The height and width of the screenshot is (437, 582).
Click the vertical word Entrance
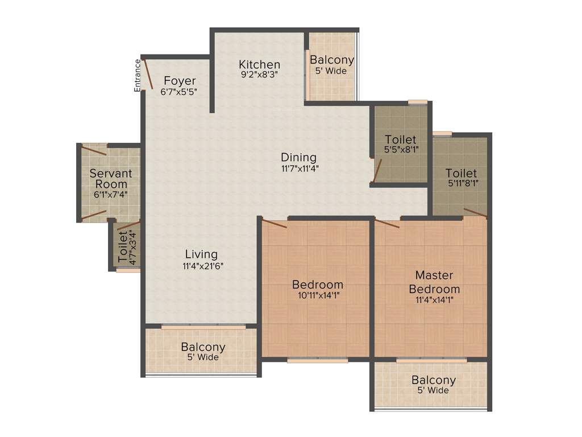(x=137, y=75)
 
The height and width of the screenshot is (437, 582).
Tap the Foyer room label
(x=180, y=81)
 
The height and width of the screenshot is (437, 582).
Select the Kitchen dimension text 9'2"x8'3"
(x=259, y=74)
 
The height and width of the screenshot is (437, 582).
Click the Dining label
(x=298, y=157)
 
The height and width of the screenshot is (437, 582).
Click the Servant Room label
(x=110, y=179)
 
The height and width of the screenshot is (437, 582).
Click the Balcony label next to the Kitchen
(x=332, y=60)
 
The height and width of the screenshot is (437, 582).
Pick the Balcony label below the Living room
(x=203, y=347)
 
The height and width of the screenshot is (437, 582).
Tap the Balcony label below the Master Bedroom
(x=434, y=381)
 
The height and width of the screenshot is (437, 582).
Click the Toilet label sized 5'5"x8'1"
(x=400, y=139)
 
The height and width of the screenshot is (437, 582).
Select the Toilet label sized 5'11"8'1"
(x=461, y=173)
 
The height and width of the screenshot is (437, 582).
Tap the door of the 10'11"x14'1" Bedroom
(x=273, y=222)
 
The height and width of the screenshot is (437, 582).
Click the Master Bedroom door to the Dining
(x=387, y=222)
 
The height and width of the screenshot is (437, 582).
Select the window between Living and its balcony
(x=203, y=327)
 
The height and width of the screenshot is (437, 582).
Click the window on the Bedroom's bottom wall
(x=317, y=360)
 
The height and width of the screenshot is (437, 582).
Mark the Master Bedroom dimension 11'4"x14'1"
(x=435, y=299)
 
